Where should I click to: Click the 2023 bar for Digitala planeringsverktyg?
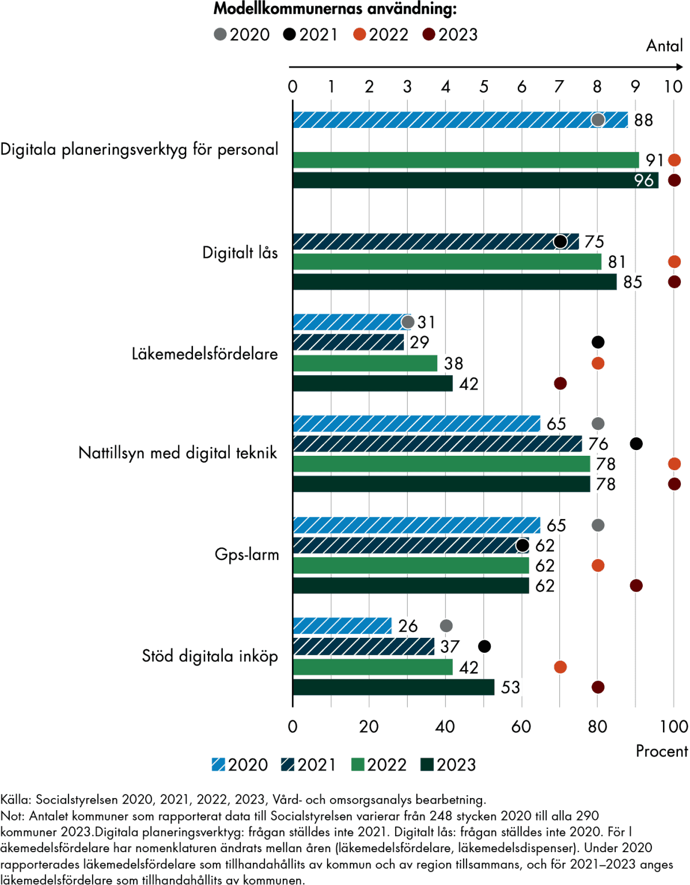tap(475, 180)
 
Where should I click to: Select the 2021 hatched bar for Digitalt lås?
tap(435, 241)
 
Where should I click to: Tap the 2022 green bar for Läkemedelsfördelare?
tap(365, 364)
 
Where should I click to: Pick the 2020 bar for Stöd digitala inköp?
tap(342, 626)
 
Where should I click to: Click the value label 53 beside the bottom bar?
tap(510, 687)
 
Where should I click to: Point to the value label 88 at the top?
tap(643, 120)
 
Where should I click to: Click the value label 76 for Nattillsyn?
tap(598, 444)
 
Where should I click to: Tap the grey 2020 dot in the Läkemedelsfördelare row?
tap(407, 322)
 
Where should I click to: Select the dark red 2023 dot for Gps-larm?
tap(636, 585)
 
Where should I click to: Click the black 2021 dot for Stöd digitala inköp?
tap(484, 646)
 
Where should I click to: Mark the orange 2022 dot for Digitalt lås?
tap(674, 262)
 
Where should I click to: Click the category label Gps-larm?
tap(247, 555)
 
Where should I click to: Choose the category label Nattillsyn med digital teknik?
tap(177, 453)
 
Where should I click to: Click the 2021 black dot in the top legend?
tap(289, 35)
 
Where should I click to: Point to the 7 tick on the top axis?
tap(559, 86)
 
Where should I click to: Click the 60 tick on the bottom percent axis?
tap(521, 727)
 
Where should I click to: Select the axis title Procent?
tap(661, 751)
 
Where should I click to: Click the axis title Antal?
tap(664, 46)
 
